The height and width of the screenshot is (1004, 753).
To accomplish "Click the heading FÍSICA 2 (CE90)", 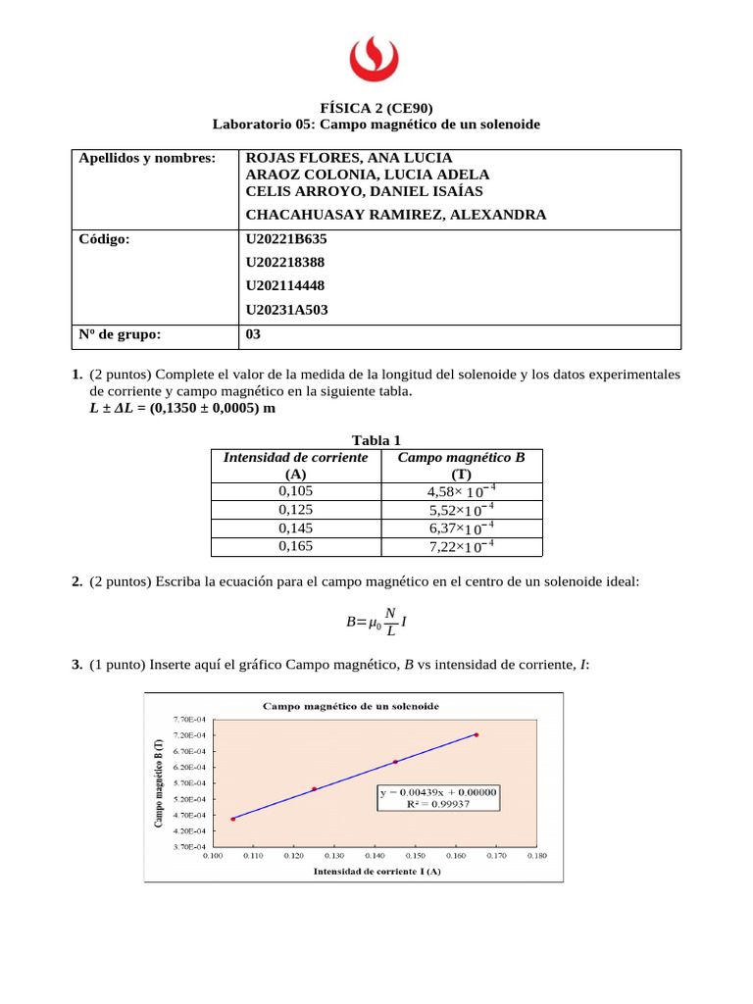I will coord(376,109).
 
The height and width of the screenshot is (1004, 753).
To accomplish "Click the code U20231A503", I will coord(286,310).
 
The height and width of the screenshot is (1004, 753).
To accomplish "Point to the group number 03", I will coord(253,334).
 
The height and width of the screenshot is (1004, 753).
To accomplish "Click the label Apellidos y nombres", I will coord(146,158).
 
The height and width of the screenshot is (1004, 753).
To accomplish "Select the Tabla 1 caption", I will coord(376,440).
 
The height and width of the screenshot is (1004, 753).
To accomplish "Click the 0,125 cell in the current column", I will coord(296,510).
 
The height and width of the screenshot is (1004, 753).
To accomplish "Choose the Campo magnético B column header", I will coord(461,465).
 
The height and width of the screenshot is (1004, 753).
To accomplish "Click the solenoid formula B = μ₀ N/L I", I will coord(376,620).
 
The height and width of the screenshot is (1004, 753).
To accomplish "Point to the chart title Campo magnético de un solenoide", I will coord(349,706).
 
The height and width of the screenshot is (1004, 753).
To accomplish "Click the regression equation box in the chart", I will coord(439,796).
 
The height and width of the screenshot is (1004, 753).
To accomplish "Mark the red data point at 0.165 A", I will coord(477,734).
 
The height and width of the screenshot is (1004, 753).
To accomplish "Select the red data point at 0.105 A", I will coord(232,819).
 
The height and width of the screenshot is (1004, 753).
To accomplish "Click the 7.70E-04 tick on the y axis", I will coord(189,720).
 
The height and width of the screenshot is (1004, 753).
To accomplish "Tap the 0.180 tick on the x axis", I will coord(536,856).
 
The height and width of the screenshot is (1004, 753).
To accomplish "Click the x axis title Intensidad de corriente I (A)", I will coord(376,871).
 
